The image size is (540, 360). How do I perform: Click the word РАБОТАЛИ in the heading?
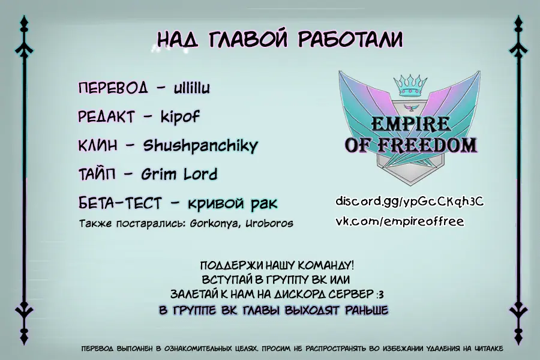tap(350, 38)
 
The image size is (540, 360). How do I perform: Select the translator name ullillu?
tap(192, 88)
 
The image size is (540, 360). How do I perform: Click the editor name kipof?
tap(180, 117)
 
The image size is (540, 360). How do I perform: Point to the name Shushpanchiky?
tap(200, 146)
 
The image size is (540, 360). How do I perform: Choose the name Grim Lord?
tap(179, 175)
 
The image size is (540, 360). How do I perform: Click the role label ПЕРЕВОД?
tap(113, 88)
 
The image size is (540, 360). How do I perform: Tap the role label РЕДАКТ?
tap(106, 117)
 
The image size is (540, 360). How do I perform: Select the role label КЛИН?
tap(98, 145)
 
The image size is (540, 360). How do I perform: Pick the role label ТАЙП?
tap(97, 175)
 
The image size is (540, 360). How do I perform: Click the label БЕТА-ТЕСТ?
tap(120, 203)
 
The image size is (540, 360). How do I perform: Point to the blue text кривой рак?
tap(232, 203)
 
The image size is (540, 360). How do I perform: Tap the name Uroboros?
tap(269, 224)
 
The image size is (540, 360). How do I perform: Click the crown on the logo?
tap(410, 85)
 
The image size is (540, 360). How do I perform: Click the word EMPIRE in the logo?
tap(410, 124)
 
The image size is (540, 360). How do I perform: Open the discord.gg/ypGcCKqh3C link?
tap(410, 201)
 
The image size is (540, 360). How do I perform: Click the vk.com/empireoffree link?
tap(400, 221)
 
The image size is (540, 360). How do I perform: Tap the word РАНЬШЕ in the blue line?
tap(367, 310)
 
